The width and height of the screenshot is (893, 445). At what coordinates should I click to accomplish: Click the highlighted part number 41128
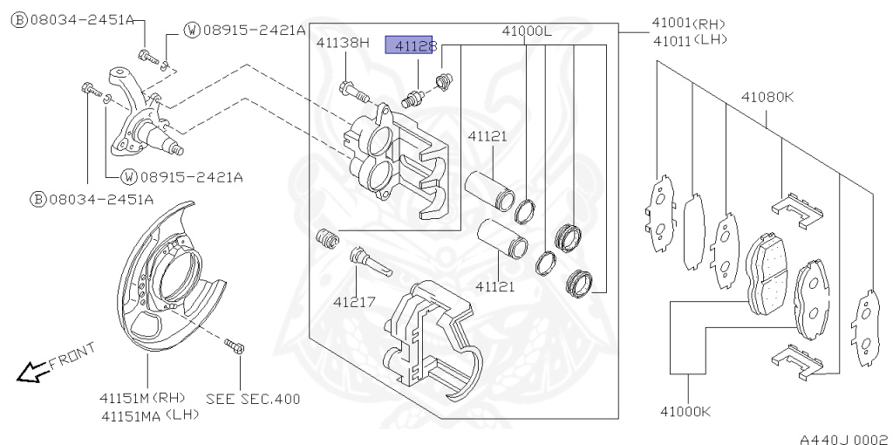414,45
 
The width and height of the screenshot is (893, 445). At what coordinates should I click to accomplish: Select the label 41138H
343,42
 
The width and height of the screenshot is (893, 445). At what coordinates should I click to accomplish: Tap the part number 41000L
527,31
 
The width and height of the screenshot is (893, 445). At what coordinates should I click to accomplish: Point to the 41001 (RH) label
689,24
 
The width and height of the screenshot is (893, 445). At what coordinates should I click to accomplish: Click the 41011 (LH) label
689,39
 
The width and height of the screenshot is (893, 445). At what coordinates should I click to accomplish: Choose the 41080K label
767,97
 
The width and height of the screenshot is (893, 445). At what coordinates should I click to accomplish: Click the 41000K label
685,411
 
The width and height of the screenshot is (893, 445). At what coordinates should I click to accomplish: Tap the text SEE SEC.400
253,399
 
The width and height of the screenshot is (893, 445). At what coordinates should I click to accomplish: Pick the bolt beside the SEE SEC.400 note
235,347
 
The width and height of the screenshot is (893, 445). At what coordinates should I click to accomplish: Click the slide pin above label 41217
367,261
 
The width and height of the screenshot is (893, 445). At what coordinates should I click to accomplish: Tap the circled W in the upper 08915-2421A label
192,31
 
